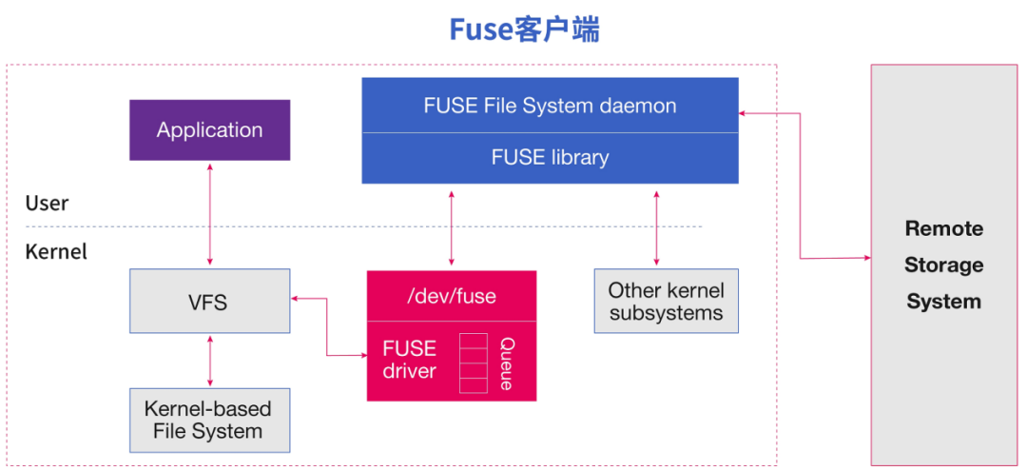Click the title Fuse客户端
[524, 29]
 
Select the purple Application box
[209, 130]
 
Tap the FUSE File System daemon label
[550, 106]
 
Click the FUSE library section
[550, 158]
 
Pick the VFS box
[209, 302]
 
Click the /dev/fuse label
[452, 296]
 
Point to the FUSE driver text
[410, 360]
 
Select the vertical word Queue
[507, 363]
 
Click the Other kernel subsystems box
[666, 302]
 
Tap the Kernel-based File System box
[209, 420]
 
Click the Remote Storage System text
[943, 265]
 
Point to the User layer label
[47, 204]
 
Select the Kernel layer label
[56, 252]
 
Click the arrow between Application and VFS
[210, 214]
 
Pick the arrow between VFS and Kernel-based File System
[210, 361]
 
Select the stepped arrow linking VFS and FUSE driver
[327, 327]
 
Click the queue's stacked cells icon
[473, 363]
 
